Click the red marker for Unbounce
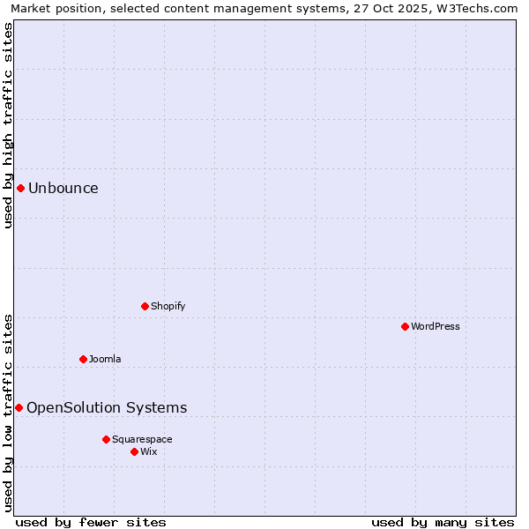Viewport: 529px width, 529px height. click(20, 188)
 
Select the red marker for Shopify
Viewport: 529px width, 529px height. click(145, 306)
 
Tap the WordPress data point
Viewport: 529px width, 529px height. click(405, 326)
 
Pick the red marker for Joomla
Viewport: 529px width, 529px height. click(83, 359)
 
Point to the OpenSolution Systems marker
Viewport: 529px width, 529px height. click(19, 407)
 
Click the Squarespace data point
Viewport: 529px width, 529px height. click(106, 439)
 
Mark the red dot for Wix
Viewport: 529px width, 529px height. click(134, 451)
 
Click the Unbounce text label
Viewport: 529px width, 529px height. click(63, 188)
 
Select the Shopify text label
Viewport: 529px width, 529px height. click(168, 306)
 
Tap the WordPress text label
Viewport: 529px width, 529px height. click(436, 326)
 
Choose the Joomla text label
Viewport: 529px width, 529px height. click(105, 359)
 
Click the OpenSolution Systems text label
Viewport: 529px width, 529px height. click(107, 407)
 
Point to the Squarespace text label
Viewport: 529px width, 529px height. click(142, 439)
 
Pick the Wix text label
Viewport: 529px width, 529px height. click(149, 451)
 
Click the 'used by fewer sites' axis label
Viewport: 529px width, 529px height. click(91, 522)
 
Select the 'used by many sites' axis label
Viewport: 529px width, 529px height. click(443, 522)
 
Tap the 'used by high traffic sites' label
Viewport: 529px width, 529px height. click(8, 125)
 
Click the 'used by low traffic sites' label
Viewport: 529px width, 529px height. click(8, 412)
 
